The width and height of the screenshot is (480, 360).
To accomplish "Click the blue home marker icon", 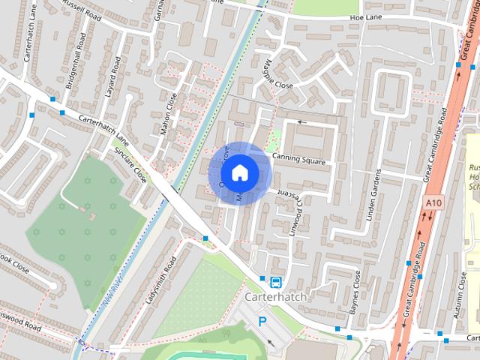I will [x=239, y=172].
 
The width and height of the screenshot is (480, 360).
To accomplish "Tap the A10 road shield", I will [x=433, y=202].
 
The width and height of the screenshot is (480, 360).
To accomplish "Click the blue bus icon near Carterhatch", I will [x=276, y=282].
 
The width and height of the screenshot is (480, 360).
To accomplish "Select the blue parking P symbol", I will [x=262, y=321].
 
